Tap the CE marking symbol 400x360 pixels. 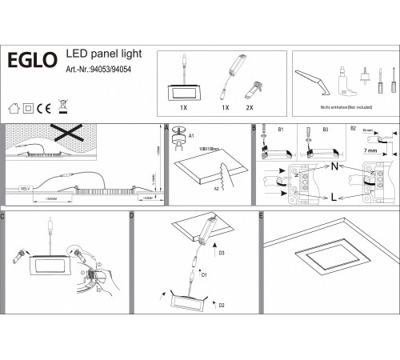point(46,106)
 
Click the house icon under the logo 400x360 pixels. point(12,106)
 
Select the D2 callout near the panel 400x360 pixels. point(220,305)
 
